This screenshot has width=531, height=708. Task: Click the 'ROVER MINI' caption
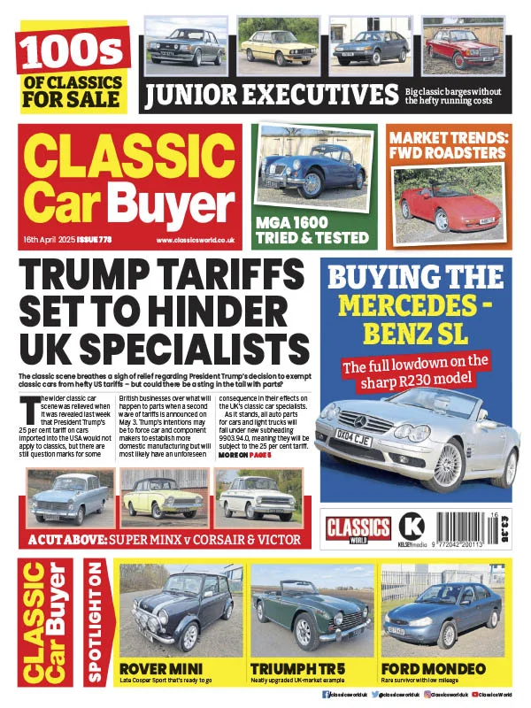pyautogui.click(x=161, y=667)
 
